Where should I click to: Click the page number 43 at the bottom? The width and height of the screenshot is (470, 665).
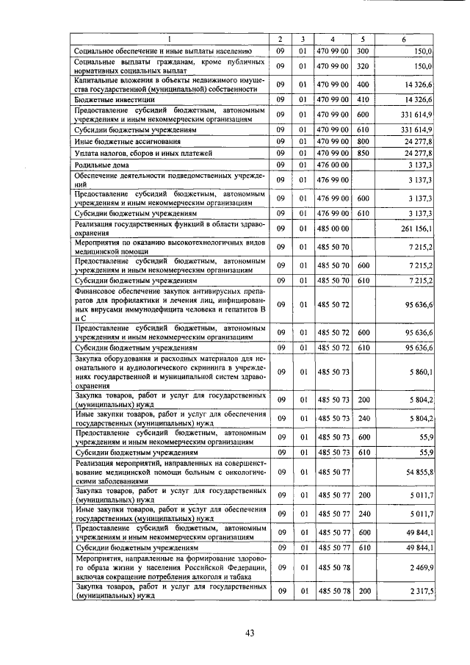(x=250, y=633)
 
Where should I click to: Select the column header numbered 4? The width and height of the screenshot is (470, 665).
(x=333, y=38)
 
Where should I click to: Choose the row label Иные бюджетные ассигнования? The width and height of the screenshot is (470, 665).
(x=121, y=140)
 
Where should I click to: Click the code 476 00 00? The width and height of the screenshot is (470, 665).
(x=333, y=165)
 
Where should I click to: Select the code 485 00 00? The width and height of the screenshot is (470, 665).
(x=333, y=227)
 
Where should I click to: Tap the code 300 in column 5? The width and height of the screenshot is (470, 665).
(x=362, y=51)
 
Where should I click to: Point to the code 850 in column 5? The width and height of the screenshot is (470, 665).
(x=362, y=153)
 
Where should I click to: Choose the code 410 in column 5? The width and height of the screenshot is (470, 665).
(x=362, y=98)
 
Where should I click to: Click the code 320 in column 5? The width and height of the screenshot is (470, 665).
(x=362, y=66)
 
